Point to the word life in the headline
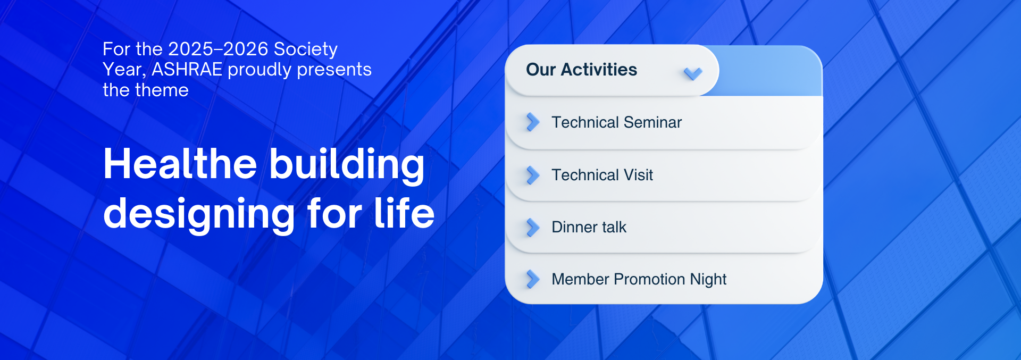click(x=404, y=212)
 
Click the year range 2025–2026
click(x=218, y=49)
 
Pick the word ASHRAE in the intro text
click(x=187, y=70)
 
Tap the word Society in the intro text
click(x=306, y=49)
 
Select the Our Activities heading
click(x=581, y=70)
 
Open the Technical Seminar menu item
click(x=616, y=122)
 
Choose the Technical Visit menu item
click(x=602, y=175)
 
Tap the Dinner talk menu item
click(x=589, y=227)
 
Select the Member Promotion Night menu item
click(x=639, y=280)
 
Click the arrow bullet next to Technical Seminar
click(x=532, y=122)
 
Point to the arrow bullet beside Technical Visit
click(x=532, y=175)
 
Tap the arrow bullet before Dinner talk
click(x=532, y=227)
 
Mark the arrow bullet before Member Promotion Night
click(x=532, y=279)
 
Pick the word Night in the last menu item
click(x=708, y=280)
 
